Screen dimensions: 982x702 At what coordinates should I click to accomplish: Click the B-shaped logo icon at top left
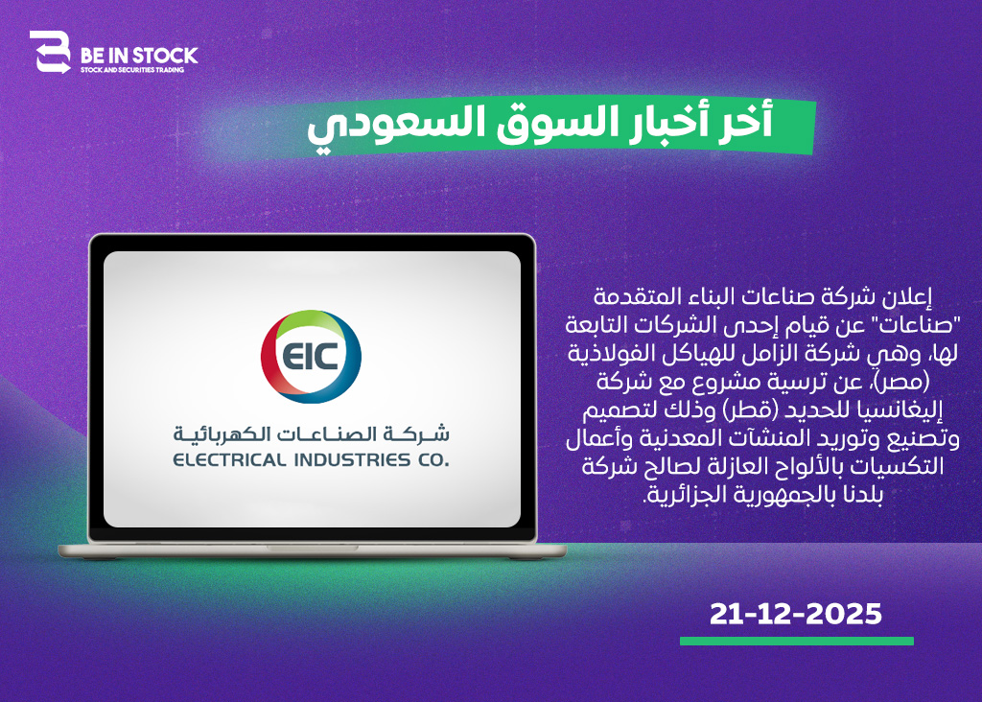pos(50,52)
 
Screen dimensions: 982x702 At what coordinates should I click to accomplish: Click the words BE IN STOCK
pos(139,56)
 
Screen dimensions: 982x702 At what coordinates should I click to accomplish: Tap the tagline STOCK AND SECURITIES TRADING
pos(132,70)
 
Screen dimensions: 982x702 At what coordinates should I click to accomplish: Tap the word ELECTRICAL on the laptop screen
pos(229,460)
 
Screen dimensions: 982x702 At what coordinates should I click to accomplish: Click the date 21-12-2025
pos(795,614)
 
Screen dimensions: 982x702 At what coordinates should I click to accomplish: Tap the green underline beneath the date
pos(797,641)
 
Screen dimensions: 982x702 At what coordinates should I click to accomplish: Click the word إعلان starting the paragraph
pos(908,297)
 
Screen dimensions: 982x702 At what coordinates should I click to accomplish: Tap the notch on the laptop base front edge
pos(313,548)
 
